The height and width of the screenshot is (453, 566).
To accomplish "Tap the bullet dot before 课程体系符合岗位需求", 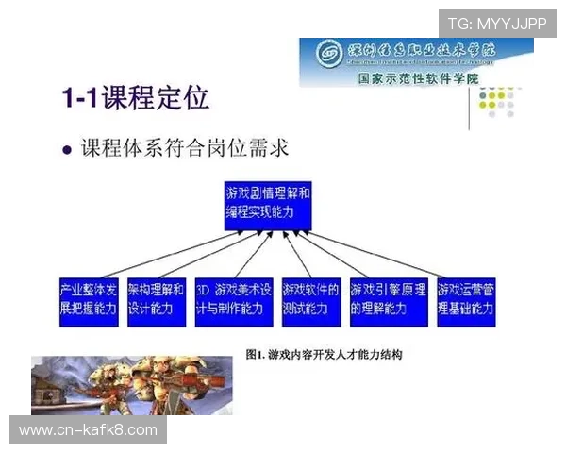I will pyautogui.click(x=66, y=150).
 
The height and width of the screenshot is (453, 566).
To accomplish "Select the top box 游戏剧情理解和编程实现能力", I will pyautogui.click(x=267, y=203).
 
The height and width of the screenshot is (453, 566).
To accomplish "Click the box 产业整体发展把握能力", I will pyautogui.click(x=89, y=299).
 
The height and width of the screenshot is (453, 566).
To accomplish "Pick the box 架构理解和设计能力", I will pyautogui.click(x=156, y=299).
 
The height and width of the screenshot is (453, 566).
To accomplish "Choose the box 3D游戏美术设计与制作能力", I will pyautogui.click(x=233, y=299).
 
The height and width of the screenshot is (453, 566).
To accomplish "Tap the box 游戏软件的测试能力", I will pyautogui.click(x=311, y=299).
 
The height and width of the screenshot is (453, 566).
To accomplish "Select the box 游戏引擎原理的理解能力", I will pyautogui.click(x=389, y=299).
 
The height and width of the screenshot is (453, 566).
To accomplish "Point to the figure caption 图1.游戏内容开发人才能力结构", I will pyautogui.click(x=324, y=355).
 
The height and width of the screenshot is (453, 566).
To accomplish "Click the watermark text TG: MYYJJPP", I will pyautogui.click(x=497, y=22).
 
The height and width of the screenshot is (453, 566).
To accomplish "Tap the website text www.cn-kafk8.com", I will pyautogui.click(x=89, y=430).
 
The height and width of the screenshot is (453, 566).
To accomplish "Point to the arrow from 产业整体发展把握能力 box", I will pyautogui.click(x=151, y=253).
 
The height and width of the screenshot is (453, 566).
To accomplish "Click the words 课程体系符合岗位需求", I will pyautogui.click(x=184, y=149).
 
